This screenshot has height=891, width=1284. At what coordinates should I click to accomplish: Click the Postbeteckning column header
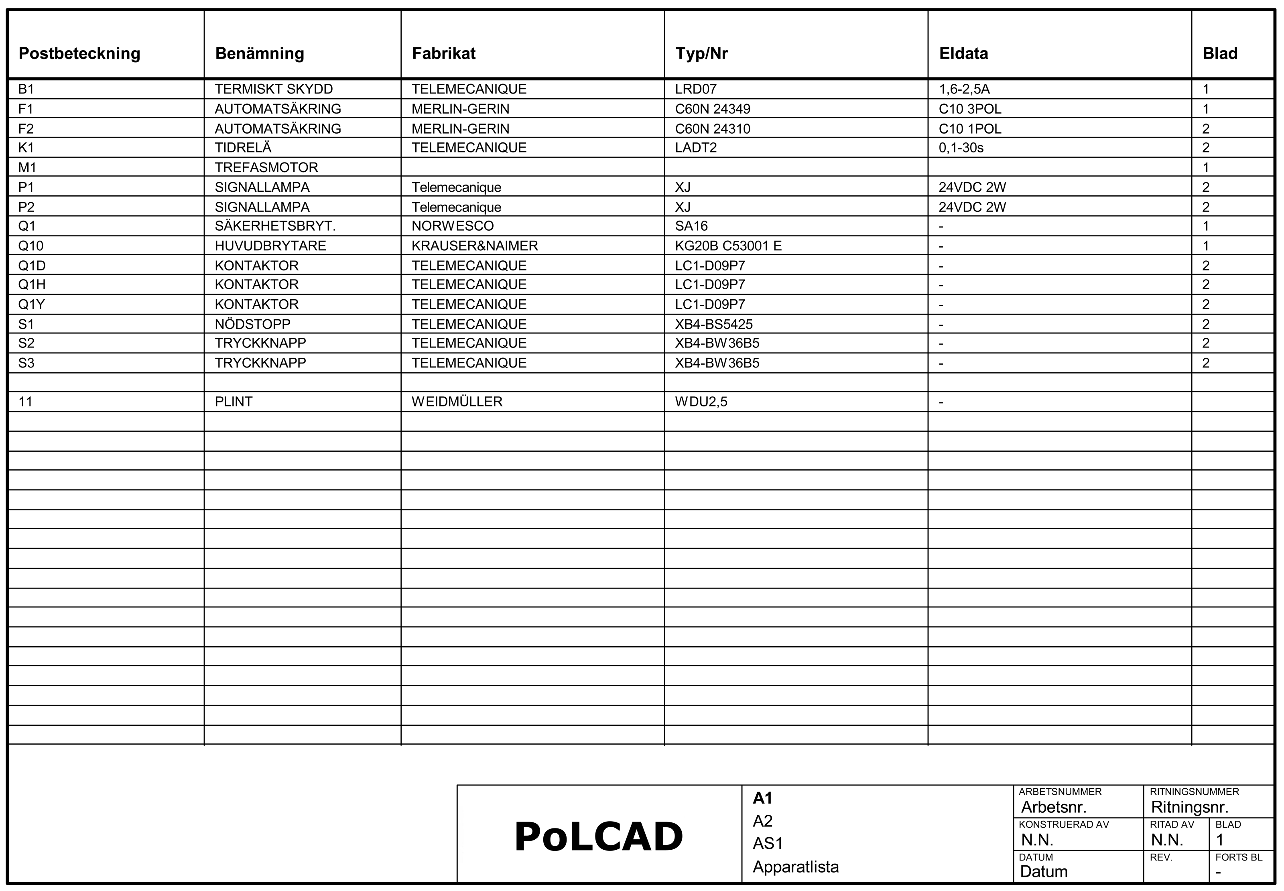[x=79, y=54]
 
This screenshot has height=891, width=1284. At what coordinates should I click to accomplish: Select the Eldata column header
[x=963, y=54]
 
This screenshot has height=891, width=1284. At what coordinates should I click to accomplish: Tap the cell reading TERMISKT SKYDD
[x=274, y=89]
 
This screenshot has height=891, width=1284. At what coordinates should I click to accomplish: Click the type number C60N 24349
[x=712, y=109]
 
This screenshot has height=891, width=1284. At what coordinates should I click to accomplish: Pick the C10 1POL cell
[x=970, y=129]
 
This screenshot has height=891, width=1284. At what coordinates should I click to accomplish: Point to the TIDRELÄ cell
[x=243, y=148]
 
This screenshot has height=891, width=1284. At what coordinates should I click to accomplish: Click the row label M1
[x=27, y=167]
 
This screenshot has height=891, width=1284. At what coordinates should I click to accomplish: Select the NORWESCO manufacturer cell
[x=452, y=226]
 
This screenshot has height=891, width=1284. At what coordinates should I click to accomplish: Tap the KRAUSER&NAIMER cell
[x=475, y=246]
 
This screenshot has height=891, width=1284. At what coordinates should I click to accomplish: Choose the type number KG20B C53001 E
[x=728, y=246]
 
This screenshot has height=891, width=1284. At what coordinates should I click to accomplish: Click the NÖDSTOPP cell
[x=252, y=325]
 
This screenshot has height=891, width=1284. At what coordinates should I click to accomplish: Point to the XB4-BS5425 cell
[x=713, y=325]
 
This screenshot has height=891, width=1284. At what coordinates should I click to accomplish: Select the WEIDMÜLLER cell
[x=457, y=402]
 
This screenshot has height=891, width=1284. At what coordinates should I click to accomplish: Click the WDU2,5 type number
[x=701, y=402]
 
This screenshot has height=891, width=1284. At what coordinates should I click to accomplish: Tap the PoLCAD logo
[x=598, y=837]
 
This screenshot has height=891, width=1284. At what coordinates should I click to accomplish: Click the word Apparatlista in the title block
[x=795, y=867]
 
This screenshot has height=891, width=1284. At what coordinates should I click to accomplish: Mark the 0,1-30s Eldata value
[x=961, y=148]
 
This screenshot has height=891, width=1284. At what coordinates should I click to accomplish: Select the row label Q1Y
[x=31, y=305]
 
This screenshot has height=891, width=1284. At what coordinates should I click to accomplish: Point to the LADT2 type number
[x=696, y=148]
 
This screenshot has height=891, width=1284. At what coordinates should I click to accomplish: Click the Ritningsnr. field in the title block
[x=1189, y=807]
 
